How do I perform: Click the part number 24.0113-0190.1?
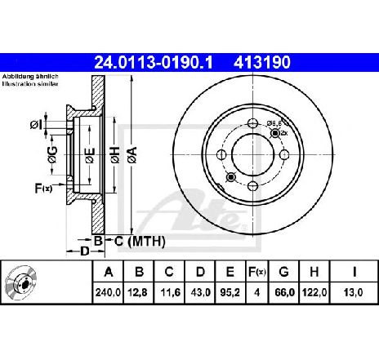tap(153, 62)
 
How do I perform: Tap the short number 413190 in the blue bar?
tap(262, 62)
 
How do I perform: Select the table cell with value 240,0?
tap(108, 292)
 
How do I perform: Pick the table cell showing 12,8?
tap(137, 292)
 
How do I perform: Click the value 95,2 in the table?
tap(230, 292)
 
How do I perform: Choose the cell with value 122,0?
tap(314, 292)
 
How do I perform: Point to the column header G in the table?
tap(283, 272)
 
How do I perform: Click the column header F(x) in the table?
tap(256, 272)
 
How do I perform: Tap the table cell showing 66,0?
tap(284, 292)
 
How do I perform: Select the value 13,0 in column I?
tap(353, 292)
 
